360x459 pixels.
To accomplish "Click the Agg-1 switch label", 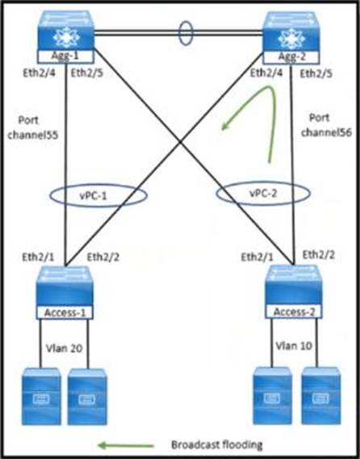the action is click(65, 56).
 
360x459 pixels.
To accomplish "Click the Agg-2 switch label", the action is click(291, 56).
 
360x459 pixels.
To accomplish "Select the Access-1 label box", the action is click(65, 312).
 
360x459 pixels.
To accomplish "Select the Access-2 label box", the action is click(294, 311).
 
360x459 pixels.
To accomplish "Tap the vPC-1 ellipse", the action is click(50, 195).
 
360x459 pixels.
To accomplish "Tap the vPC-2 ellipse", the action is click(216, 194).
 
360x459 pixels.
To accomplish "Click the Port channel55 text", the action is click(32, 127).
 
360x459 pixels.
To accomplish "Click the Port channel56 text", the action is click(326, 125).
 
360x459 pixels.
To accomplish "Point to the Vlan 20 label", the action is click(64, 348).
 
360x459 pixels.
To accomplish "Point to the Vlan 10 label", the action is click(294, 346).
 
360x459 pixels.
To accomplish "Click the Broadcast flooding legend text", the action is click(217, 445).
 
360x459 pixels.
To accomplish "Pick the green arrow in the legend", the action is click(126, 446).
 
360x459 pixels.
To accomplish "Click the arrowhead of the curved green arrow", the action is click(224, 126).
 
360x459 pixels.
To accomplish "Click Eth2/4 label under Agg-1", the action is click(39, 73).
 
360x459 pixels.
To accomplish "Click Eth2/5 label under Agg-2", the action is click(316, 73).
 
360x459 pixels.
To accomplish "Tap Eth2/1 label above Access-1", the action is click(38, 257).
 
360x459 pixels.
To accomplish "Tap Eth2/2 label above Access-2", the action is click(318, 255).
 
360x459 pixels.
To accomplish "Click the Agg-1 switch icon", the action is click(65, 31).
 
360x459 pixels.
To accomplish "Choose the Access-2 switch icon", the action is click(294, 286).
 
